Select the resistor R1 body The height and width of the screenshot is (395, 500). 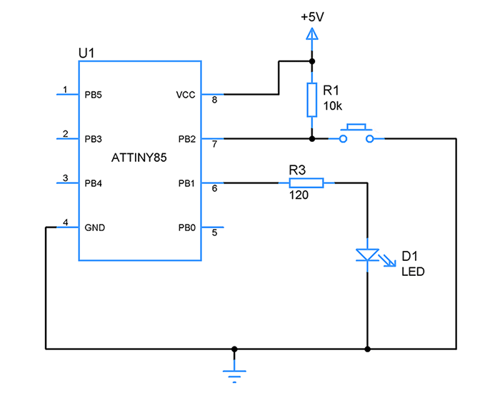click(x=311, y=100)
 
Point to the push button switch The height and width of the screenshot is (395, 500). click(x=355, y=135)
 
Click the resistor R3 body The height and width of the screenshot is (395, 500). click(x=306, y=183)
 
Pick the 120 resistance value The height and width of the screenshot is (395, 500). click(x=299, y=195)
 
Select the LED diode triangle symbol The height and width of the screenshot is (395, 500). click(x=367, y=255)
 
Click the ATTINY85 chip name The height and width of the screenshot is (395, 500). click(x=139, y=159)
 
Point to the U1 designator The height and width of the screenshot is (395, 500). click(x=86, y=53)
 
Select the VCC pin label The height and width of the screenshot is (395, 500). click(x=184, y=94)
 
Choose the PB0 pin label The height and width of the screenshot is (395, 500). click(x=186, y=230)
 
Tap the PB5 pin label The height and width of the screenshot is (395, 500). click(x=94, y=94)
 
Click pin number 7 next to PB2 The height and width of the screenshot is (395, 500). click(x=214, y=145)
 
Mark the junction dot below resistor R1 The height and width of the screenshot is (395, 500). click(x=311, y=138)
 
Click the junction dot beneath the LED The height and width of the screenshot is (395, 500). click(x=367, y=349)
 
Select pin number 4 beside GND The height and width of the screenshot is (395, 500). click(x=66, y=222)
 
